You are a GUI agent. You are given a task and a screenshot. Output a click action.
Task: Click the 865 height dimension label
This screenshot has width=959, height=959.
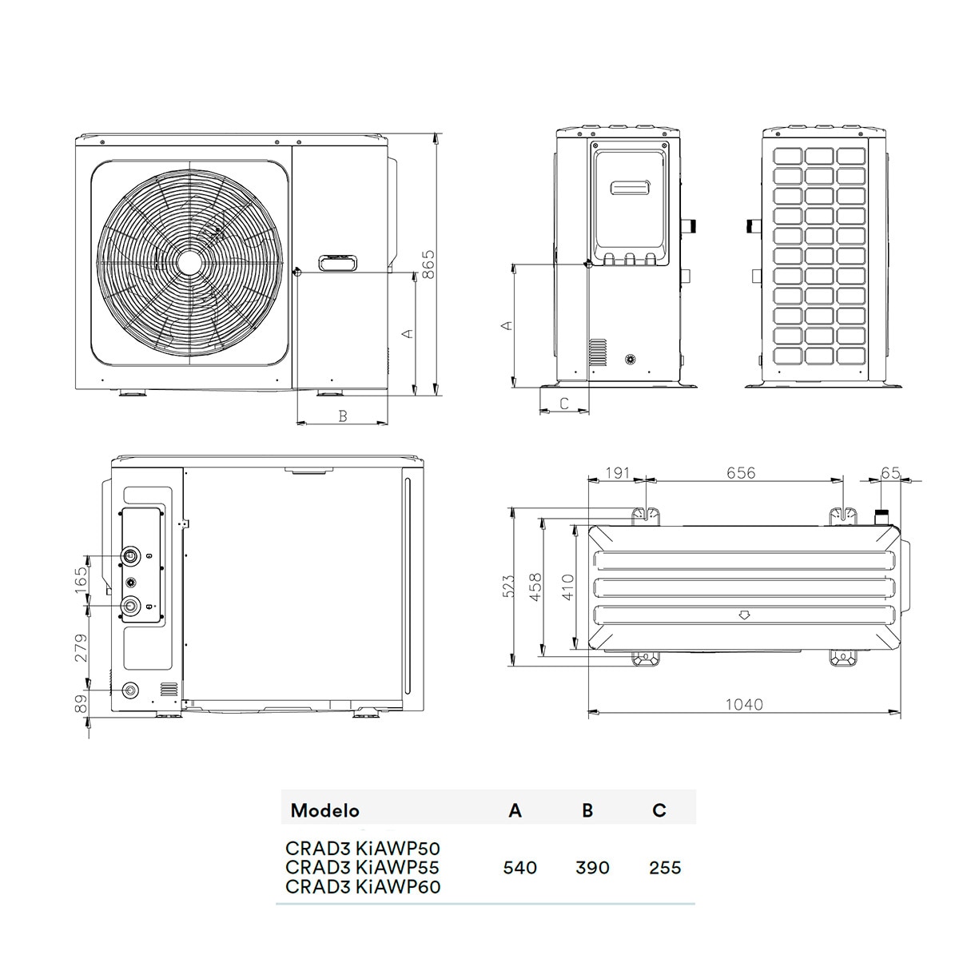tap(428, 265)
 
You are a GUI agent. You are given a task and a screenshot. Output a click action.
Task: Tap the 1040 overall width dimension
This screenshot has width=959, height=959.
tap(744, 705)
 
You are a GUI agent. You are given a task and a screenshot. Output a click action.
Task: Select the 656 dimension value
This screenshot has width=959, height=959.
tap(741, 472)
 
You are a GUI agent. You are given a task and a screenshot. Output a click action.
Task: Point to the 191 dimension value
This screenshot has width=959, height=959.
tap(618, 472)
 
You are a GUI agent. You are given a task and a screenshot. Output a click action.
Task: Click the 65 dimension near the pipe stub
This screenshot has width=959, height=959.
tap(890, 472)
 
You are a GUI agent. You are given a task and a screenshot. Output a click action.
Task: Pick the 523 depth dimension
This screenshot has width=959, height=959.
tap(507, 586)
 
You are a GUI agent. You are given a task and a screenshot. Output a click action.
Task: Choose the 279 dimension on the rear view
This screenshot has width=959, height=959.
tap(81, 647)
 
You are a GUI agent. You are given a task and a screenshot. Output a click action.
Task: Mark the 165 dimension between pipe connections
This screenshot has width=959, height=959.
tap(81, 579)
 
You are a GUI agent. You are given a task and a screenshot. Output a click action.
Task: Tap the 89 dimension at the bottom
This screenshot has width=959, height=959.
tap(81, 704)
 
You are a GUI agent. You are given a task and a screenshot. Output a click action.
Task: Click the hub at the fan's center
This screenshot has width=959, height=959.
tap(189, 262)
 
